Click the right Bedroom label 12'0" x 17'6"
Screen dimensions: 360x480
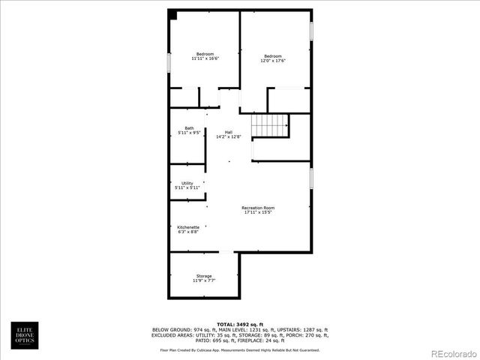(x=273, y=58)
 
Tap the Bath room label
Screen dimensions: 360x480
(x=189, y=130)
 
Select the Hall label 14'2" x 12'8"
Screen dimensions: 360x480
(x=228, y=134)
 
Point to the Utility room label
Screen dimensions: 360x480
(x=187, y=185)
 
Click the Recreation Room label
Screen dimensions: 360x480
(x=258, y=209)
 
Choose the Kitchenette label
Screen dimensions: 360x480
(x=187, y=229)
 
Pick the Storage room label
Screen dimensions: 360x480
(x=204, y=277)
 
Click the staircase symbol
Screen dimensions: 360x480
(x=270, y=125)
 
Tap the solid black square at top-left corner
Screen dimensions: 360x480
(x=172, y=14)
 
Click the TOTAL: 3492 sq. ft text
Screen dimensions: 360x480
(x=239, y=323)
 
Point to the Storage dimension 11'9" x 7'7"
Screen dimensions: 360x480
(x=204, y=280)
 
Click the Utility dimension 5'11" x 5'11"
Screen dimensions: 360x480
(x=187, y=187)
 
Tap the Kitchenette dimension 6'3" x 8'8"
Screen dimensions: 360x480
(x=187, y=232)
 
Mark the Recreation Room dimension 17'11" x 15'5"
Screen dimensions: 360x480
(x=258, y=212)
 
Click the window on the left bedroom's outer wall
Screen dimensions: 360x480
(x=169, y=62)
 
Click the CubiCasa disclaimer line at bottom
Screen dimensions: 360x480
(x=239, y=349)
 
